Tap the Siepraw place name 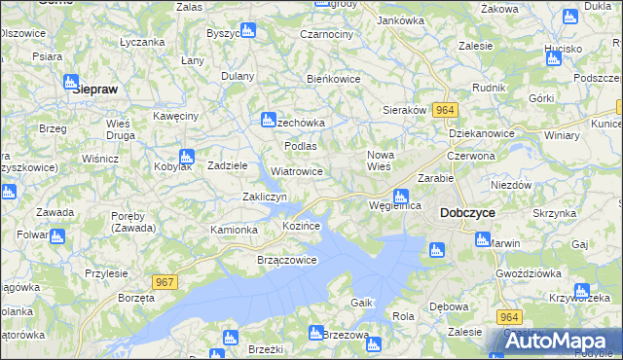97,87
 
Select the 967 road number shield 165,282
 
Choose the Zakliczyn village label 264,197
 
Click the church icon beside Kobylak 187,157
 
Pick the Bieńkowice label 334,79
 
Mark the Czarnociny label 327,34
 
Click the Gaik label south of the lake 362,304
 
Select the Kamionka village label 234,230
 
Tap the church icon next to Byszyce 248,30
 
